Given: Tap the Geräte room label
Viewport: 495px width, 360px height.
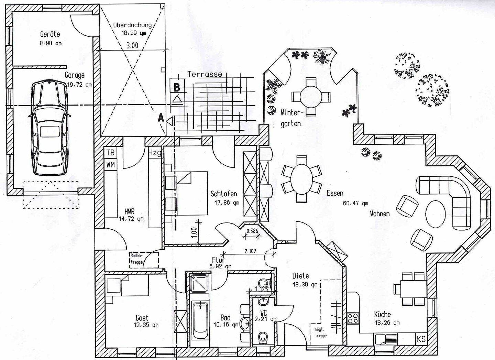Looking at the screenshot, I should pos(50,34).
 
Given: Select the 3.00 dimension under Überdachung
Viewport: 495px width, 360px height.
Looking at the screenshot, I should pos(132,45).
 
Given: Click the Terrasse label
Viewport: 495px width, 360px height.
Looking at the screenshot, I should pos(205,74).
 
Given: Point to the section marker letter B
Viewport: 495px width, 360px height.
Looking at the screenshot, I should pos(177,87).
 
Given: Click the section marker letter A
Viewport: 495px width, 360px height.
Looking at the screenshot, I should pos(160,118).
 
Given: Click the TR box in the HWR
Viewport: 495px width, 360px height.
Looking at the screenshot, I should pos(110,152).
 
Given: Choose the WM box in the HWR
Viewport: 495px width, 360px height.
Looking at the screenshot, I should pos(110,164).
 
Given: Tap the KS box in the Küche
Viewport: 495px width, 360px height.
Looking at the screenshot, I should pos(421,339).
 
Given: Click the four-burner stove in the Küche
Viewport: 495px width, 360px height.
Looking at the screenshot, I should pos(353,318).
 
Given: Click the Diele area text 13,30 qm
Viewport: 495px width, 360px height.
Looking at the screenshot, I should pos(300,284).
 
